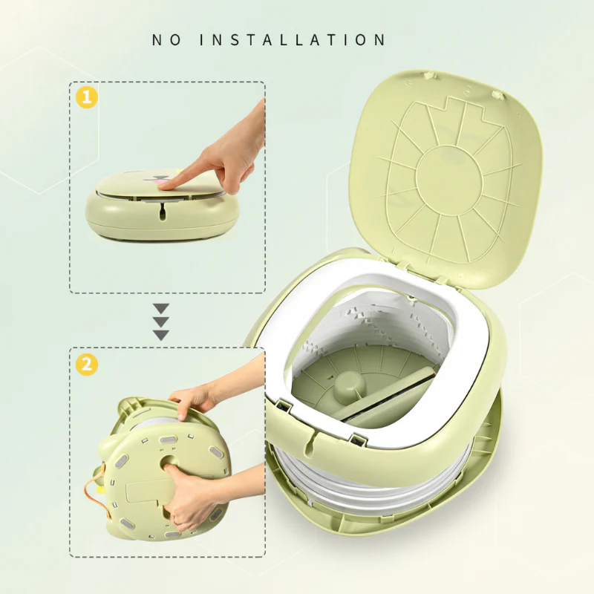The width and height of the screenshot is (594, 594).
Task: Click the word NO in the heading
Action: pyautogui.click(x=166, y=40)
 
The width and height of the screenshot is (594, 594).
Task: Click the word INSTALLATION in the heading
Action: pyautogui.click(x=293, y=40)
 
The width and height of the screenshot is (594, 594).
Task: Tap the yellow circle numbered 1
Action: pyautogui.click(x=87, y=98)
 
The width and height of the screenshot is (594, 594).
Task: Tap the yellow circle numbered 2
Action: pyautogui.click(x=87, y=365)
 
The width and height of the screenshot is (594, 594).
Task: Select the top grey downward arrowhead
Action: pyautogui.click(x=160, y=308)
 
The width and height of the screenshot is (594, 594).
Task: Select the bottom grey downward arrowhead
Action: pyautogui.click(x=160, y=335)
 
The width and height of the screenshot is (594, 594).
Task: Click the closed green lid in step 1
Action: pyautogui.click(x=161, y=183)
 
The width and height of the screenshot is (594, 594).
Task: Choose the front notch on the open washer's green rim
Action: pyautogui.click(x=313, y=440)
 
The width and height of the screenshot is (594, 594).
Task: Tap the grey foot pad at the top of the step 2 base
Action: pyautogui.click(x=169, y=440)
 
